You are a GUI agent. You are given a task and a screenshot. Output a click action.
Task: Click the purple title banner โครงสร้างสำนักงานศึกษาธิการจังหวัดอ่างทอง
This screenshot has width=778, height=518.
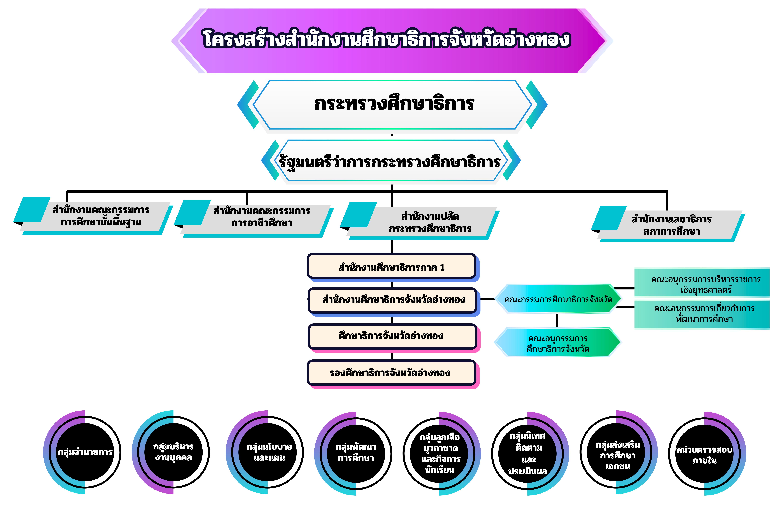pyautogui.click(x=392, y=40)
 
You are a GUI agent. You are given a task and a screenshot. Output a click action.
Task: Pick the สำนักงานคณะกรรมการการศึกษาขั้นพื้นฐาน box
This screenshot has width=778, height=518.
pyautogui.click(x=99, y=216)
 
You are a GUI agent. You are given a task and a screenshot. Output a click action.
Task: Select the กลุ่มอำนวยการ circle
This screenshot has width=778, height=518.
pyautogui.click(x=85, y=452)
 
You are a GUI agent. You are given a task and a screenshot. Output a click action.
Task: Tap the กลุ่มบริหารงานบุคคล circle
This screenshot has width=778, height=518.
pyautogui.click(x=173, y=452)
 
